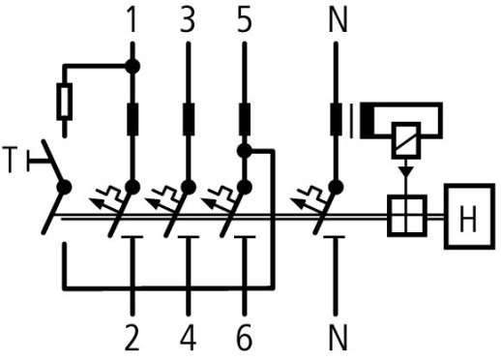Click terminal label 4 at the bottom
[x=188, y=338]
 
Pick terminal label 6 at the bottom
[x=244, y=338]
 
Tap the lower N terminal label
[x=338, y=338]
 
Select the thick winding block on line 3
[x=188, y=121]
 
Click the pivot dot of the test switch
[x=64, y=186]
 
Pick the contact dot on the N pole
[x=338, y=186]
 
